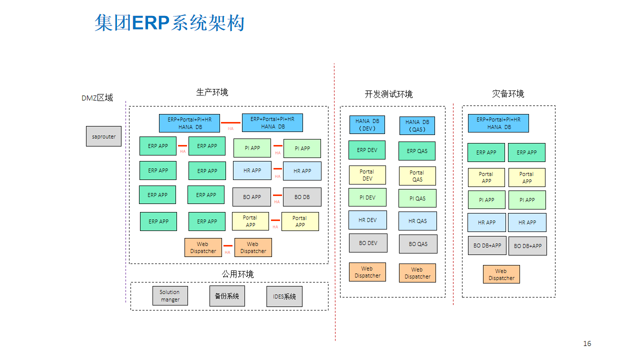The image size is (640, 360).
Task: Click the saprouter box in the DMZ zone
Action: click(103, 136)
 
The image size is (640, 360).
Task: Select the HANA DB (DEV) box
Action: click(367, 125)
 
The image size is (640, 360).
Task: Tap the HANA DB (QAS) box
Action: click(417, 125)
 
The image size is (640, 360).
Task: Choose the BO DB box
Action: click(302, 197)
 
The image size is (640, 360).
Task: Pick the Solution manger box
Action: click(170, 295)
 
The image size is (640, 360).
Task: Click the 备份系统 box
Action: click(227, 296)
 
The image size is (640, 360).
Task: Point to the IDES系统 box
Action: click(284, 296)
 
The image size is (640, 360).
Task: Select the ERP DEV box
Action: click(367, 150)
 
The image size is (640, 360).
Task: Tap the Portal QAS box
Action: click(417, 176)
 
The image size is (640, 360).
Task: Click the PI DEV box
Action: click(367, 197)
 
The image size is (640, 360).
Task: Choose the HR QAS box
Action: click(417, 221)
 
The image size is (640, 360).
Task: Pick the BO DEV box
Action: click(368, 243)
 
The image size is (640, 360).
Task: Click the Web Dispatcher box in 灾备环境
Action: click(501, 274)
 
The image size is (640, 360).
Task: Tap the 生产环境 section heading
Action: click(212, 92)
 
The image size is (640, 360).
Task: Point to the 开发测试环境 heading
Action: click(388, 94)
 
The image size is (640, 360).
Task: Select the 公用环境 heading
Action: click(237, 274)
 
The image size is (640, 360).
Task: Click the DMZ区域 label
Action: click(97, 98)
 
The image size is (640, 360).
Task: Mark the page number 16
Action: click(587, 343)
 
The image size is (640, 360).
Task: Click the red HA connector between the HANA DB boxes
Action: click(230, 123)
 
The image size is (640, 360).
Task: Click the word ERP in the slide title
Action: click(150, 23)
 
